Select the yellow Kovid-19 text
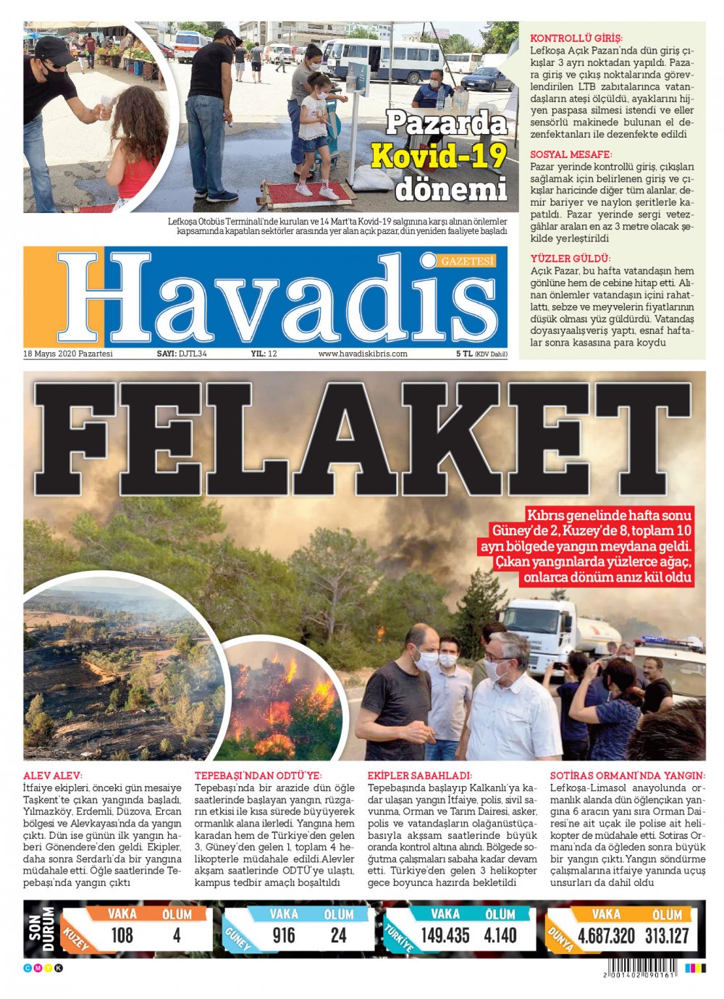[439, 156]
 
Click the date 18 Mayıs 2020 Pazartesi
[68, 354]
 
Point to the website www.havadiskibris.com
[363, 354]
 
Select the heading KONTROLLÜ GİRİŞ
[576, 38]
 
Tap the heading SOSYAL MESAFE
[571, 154]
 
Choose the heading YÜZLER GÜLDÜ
[571, 259]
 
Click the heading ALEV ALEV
[53, 775]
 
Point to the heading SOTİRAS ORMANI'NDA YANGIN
[627, 775]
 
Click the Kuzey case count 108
[122, 936]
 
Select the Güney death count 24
[338, 936]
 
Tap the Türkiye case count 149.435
[445, 936]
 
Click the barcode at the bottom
[640, 968]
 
